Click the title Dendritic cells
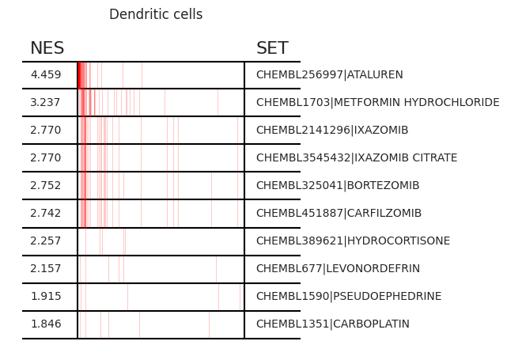tap(156, 14)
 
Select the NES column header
tap(47, 48)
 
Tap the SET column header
tap(272, 48)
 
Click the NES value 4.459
tap(46, 74)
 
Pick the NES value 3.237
tap(45, 103)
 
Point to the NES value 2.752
tap(46, 185)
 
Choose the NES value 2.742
tap(46, 213)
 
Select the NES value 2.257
tap(46, 241)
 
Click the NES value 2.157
tap(46, 268)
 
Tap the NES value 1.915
tap(46, 296)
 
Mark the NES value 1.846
tap(46, 324)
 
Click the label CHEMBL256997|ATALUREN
tap(330, 74)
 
